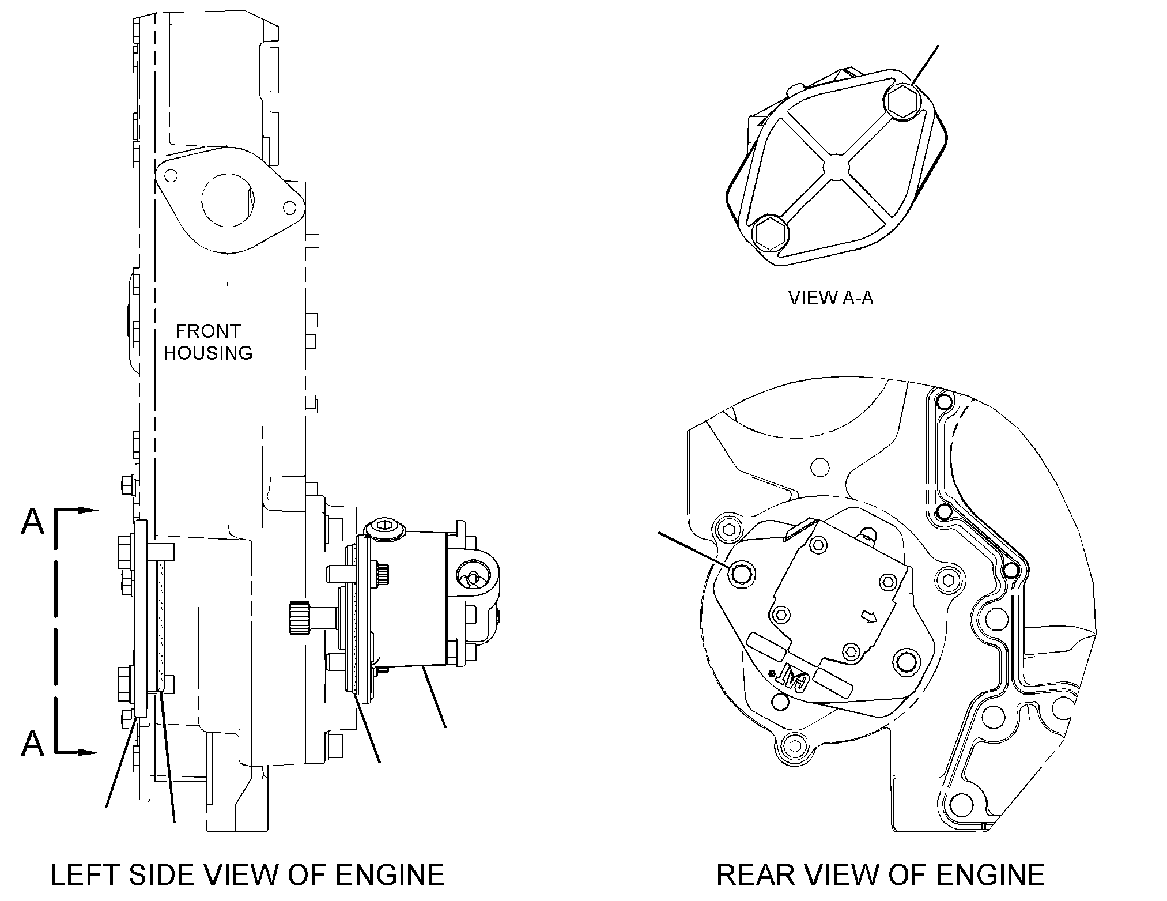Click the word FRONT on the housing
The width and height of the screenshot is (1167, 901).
[208, 331]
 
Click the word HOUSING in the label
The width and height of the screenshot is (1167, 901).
[208, 353]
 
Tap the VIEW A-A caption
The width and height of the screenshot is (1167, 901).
[830, 297]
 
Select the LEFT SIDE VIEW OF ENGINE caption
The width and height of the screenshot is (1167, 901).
[247, 874]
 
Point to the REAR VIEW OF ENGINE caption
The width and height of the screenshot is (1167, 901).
[880, 874]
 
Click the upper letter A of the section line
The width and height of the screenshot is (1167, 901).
[32, 522]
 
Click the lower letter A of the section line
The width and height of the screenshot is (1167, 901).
[32, 744]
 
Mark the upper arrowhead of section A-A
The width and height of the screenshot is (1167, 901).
[88, 510]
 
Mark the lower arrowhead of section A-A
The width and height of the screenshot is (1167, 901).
[88, 752]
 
